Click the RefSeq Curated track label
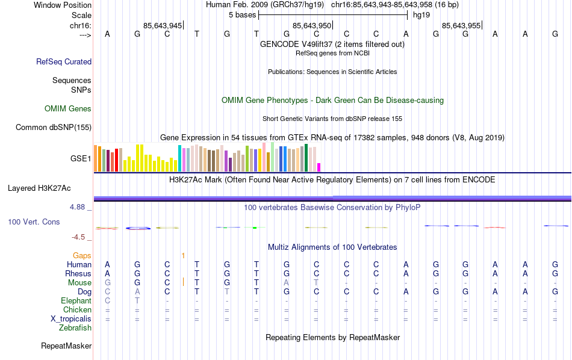(x=64, y=61)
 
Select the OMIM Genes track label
(x=68, y=109)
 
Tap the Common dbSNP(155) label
(x=54, y=127)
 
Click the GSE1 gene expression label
(x=81, y=159)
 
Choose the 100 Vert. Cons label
(x=34, y=222)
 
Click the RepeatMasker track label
(x=66, y=346)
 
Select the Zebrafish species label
(x=75, y=328)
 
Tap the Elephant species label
(x=76, y=301)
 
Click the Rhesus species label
(x=78, y=274)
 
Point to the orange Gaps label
(x=82, y=256)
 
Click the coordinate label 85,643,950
(x=311, y=25)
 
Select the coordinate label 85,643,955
(x=461, y=25)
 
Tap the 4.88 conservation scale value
(x=80, y=207)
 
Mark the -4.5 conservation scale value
(x=82, y=237)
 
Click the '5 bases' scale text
(x=242, y=15)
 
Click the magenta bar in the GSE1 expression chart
(x=319, y=167)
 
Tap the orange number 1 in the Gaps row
(x=183, y=256)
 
